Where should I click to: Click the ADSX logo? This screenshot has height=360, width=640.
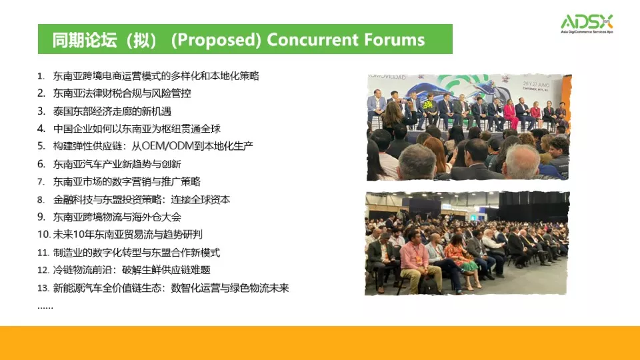(587, 24)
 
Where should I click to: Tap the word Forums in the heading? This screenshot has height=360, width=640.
(394, 40)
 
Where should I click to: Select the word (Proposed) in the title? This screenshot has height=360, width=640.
(216, 40)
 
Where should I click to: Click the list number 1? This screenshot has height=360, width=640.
(41, 76)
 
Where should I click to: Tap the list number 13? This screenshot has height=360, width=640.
(43, 288)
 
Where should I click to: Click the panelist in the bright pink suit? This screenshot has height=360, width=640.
(510, 113)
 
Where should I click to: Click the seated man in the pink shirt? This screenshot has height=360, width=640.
(415, 261)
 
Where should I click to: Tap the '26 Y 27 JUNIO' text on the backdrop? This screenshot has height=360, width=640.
(536, 85)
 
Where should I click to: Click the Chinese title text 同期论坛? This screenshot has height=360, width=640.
(85, 40)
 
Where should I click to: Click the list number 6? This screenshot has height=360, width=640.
(41, 164)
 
